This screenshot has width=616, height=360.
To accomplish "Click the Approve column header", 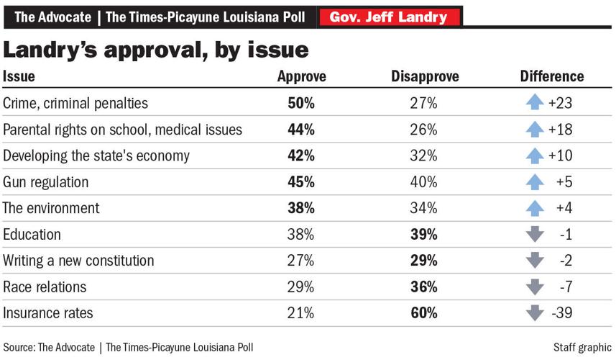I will [301, 76].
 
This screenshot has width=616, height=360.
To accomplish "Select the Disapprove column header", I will [424, 76].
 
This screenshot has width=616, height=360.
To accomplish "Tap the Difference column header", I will [551, 76].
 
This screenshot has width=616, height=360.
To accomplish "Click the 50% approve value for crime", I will [301, 103].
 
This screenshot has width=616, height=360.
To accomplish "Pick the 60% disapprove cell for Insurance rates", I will [424, 313].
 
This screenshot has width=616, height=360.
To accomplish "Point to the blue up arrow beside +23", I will [533, 103].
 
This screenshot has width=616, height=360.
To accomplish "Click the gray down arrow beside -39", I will [533, 313].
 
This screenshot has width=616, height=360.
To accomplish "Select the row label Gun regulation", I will [46, 182].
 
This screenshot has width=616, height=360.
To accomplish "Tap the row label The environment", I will [51, 208].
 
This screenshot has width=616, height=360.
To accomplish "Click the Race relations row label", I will [45, 287].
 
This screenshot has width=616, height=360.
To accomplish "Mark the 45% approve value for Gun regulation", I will [301, 182].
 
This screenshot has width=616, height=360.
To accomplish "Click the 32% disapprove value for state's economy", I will [424, 156].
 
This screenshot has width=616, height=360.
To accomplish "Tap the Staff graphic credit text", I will [582, 347].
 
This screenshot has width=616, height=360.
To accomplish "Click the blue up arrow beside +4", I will [533, 208].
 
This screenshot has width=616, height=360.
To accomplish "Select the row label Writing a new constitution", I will [78, 261].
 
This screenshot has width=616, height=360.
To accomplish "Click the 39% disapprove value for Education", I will [424, 235].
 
